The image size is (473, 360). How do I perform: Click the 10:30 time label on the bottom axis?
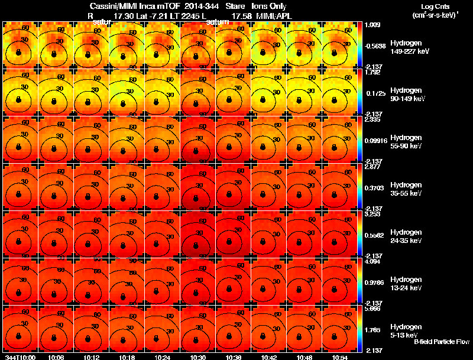point(199,357)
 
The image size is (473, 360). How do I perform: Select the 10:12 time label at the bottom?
point(92,357)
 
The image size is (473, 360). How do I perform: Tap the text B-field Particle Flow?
point(441,342)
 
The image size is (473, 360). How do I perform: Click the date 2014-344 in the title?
point(202,6)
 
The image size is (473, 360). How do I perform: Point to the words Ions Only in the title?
point(269,6)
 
